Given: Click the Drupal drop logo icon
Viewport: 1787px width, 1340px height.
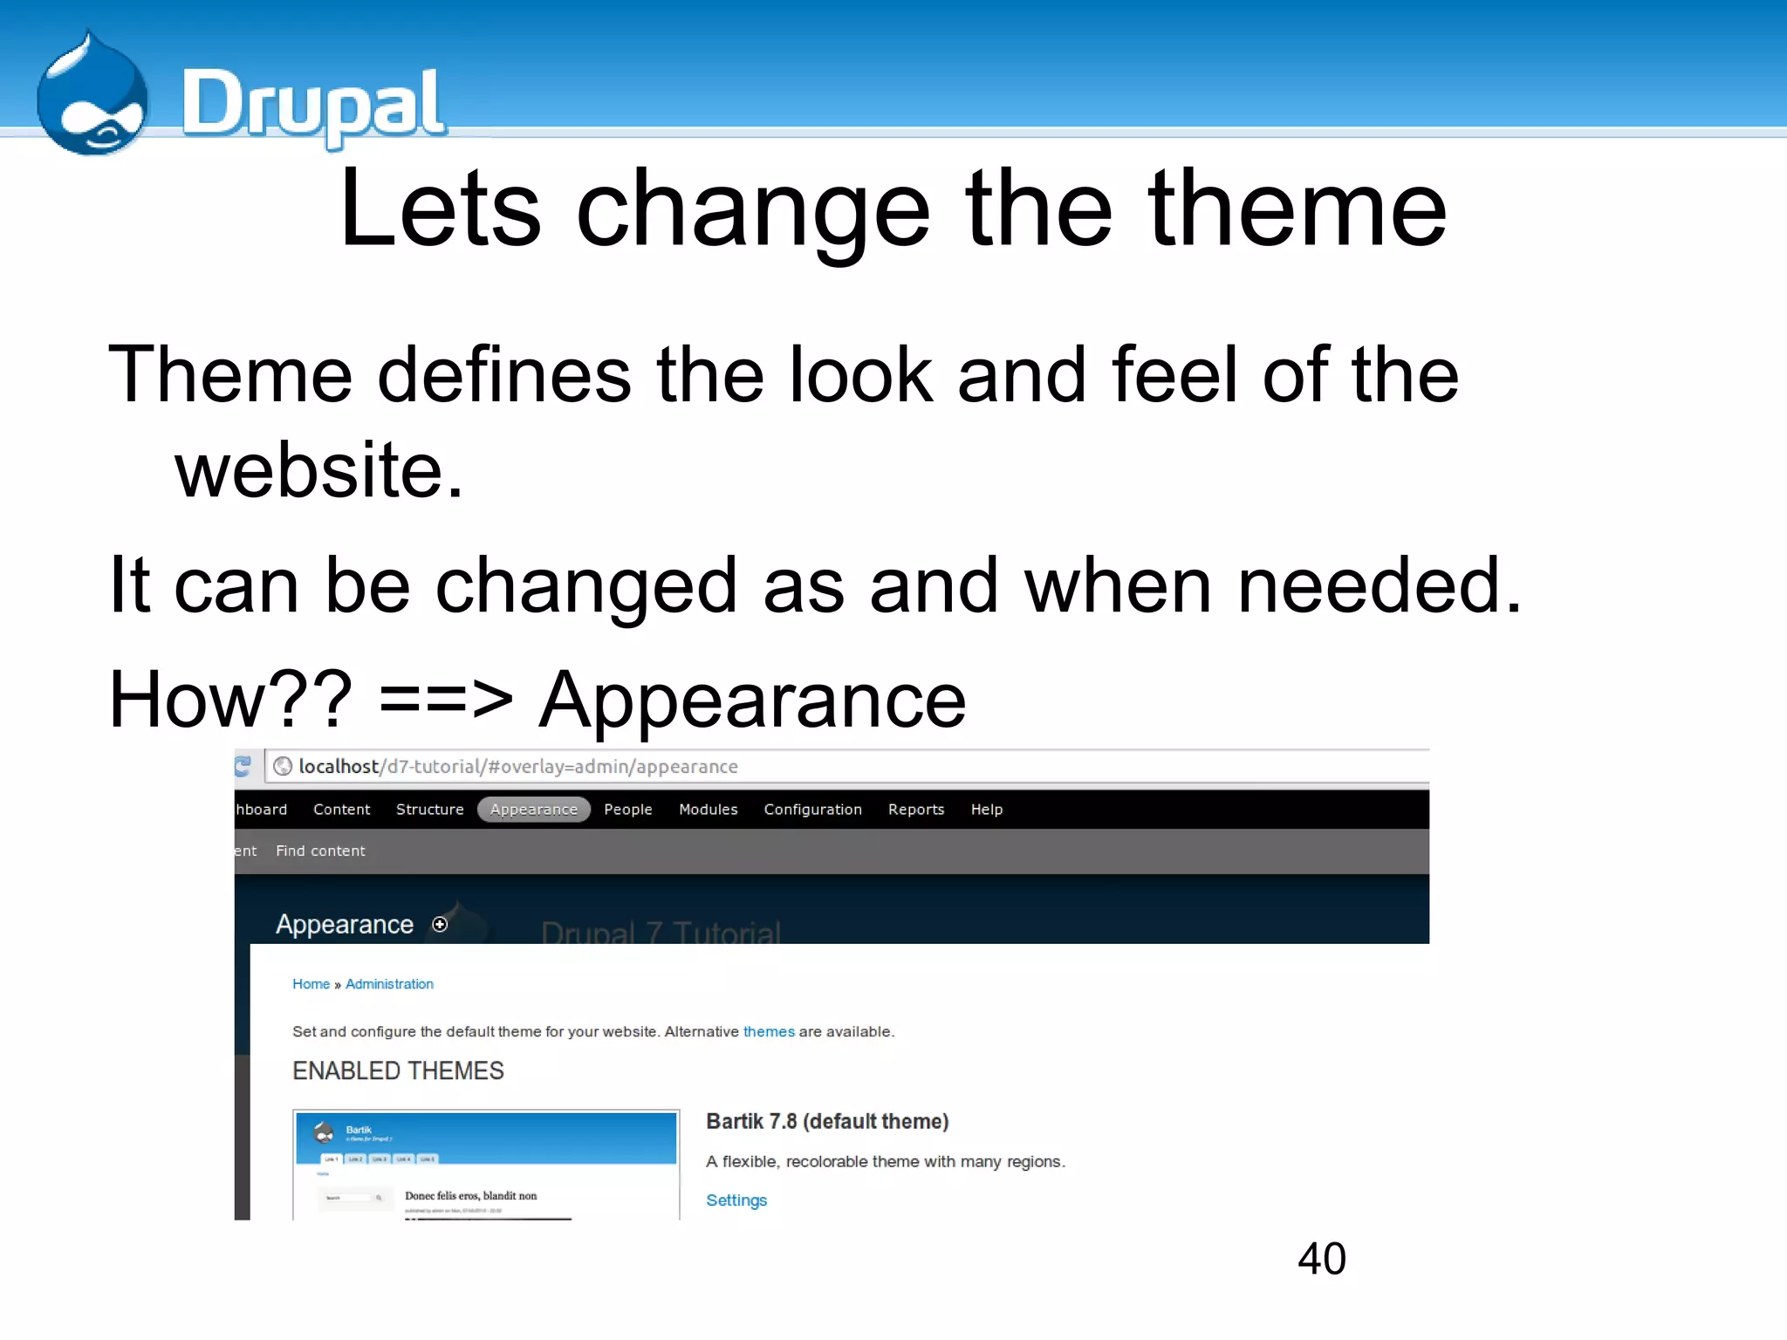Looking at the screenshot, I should [x=92, y=96].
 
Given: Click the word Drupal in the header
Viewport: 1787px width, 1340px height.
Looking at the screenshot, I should [x=313, y=105].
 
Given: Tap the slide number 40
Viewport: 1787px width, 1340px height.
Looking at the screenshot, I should [x=1321, y=1259].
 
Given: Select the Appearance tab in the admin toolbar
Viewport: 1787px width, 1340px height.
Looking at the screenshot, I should [x=534, y=810].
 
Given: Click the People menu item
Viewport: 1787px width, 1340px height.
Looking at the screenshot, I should [x=627, y=810].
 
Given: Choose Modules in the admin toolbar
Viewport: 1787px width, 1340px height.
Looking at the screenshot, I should [x=708, y=810].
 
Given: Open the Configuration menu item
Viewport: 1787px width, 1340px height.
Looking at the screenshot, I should [x=812, y=810].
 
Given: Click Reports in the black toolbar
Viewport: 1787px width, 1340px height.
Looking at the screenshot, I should [x=915, y=810].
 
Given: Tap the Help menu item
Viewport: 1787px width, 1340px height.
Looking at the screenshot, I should [x=986, y=810].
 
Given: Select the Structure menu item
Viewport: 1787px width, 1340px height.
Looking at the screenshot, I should [x=429, y=810].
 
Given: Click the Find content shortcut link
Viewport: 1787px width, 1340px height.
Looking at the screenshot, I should [x=320, y=851].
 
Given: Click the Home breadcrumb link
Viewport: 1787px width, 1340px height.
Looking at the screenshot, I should [x=311, y=984].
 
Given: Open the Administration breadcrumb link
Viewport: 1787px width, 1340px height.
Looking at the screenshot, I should [x=389, y=984].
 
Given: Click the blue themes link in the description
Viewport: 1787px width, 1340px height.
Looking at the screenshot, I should [x=769, y=1032].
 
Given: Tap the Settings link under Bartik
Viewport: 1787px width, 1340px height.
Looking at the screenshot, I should [x=736, y=1200].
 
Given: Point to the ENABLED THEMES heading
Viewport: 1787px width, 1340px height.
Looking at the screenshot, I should [x=398, y=1071].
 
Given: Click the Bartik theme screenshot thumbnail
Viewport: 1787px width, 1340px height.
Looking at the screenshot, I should [x=486, y=1165].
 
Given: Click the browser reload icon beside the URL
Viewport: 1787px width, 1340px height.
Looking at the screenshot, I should [x=243, y=766].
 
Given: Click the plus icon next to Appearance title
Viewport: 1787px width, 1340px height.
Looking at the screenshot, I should [x=441, y=925].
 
